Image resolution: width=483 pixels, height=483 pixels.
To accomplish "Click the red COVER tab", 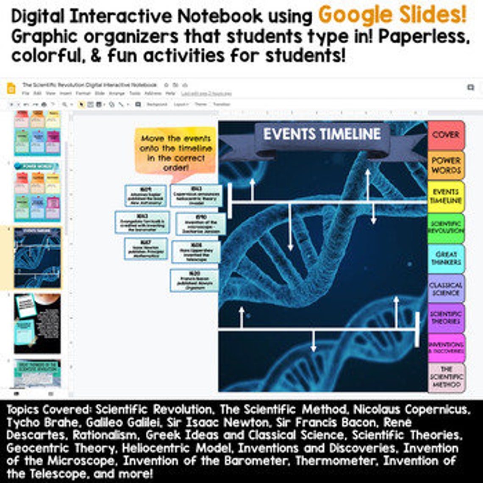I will [x=446, y=135].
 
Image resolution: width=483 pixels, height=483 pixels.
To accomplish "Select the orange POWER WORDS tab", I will [x=446, y=165].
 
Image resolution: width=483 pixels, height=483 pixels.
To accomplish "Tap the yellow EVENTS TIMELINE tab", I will [x=446, y=196].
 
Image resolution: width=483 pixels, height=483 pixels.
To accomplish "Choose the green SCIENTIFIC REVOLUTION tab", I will [x=446, y=227].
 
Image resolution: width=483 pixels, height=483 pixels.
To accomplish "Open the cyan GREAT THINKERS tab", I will [x=446, y=258].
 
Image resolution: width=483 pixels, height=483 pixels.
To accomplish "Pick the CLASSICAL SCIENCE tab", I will [x=446, y=289].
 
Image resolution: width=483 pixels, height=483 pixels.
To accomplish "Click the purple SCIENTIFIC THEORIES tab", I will [x=446, y=318].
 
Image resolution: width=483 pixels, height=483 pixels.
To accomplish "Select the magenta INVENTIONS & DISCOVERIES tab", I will [x=446, y=347].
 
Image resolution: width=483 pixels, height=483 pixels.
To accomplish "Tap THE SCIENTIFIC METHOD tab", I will [x=446, y=377].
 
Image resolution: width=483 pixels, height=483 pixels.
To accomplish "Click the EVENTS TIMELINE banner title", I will [x=322, y=134].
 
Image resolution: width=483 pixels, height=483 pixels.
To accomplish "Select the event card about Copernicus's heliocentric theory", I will [x=196, y=195].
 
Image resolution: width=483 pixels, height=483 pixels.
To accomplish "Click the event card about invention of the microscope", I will [x=198, y=224].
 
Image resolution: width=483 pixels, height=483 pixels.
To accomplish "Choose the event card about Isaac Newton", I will [x=146, y=249].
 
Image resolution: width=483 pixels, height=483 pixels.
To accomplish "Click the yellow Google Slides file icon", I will [x=11, y=89].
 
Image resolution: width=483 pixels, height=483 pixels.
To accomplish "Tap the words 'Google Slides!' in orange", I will [x=392, y=15].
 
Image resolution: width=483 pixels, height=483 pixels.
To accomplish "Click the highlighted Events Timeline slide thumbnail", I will [x=37, y=258].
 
